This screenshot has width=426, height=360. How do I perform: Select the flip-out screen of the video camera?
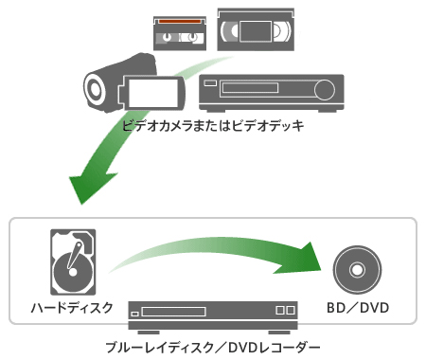coord(153,92)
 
